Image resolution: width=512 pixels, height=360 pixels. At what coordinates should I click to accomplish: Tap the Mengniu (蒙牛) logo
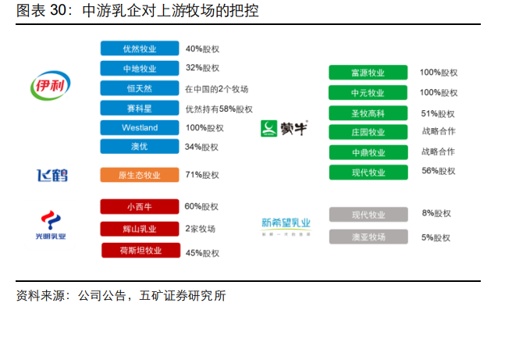(284, 128)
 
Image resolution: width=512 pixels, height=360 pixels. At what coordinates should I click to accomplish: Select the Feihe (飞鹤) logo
(52, 175)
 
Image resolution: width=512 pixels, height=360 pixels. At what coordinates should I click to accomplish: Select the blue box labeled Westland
(140, 128)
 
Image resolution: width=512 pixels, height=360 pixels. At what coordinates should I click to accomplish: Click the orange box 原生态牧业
(140, 175)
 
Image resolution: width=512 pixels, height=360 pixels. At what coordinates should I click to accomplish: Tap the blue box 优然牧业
(140, 48)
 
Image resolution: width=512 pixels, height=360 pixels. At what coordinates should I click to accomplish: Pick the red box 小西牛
(140, 207)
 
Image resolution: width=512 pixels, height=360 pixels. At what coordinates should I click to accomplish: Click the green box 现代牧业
(368, 172)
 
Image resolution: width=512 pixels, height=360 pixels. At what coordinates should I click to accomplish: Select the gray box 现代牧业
(368, 215)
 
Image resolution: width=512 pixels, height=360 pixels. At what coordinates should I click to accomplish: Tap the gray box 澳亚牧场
(368, 237)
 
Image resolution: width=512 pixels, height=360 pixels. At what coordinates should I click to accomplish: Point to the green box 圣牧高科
(368, 112)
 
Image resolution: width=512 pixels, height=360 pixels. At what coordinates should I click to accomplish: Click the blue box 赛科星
(140, 109)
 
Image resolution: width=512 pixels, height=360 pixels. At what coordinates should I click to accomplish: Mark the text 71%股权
(202, 175)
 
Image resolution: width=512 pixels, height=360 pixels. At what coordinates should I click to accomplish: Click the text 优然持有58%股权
(219, 109)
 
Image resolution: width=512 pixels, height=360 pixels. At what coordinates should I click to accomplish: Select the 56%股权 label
(438, 171)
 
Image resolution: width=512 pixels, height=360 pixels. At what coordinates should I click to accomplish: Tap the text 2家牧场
(201, 229)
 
